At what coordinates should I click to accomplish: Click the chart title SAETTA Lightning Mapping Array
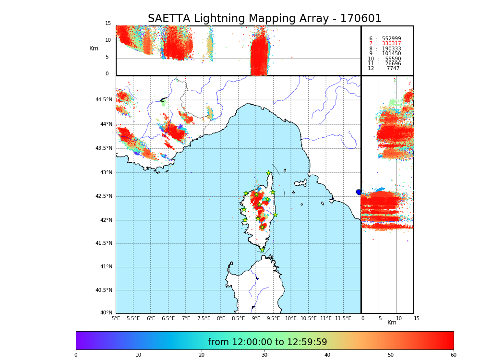tap(264, 19)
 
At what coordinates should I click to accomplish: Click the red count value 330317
tap(391, 44)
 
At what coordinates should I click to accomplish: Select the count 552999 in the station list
tap(391, 39)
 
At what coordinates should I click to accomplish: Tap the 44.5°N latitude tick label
tap(104, 100)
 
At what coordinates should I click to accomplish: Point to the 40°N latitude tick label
tap(106, 313)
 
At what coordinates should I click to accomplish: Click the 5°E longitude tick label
tap(116, 318)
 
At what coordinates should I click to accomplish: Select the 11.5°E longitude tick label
tap(343, 318)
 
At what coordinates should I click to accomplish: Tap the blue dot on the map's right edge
tap(359, 192)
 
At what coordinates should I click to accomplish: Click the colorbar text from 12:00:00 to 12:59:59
tap(267, 342)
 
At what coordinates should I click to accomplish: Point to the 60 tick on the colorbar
tap(453, 355)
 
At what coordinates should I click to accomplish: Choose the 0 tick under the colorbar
tap(76, 355)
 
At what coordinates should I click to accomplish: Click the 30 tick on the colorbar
tap(264, 355)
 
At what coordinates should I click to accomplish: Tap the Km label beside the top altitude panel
tap(94, 48)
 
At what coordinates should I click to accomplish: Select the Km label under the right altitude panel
tap(392, 323)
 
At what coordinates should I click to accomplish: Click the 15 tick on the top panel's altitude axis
tap(108, 24)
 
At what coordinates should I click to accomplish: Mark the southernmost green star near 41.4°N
tap(262, 250)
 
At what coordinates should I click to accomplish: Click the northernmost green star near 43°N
tap(269, 173)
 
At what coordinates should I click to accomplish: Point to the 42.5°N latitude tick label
tap(104, 196)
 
